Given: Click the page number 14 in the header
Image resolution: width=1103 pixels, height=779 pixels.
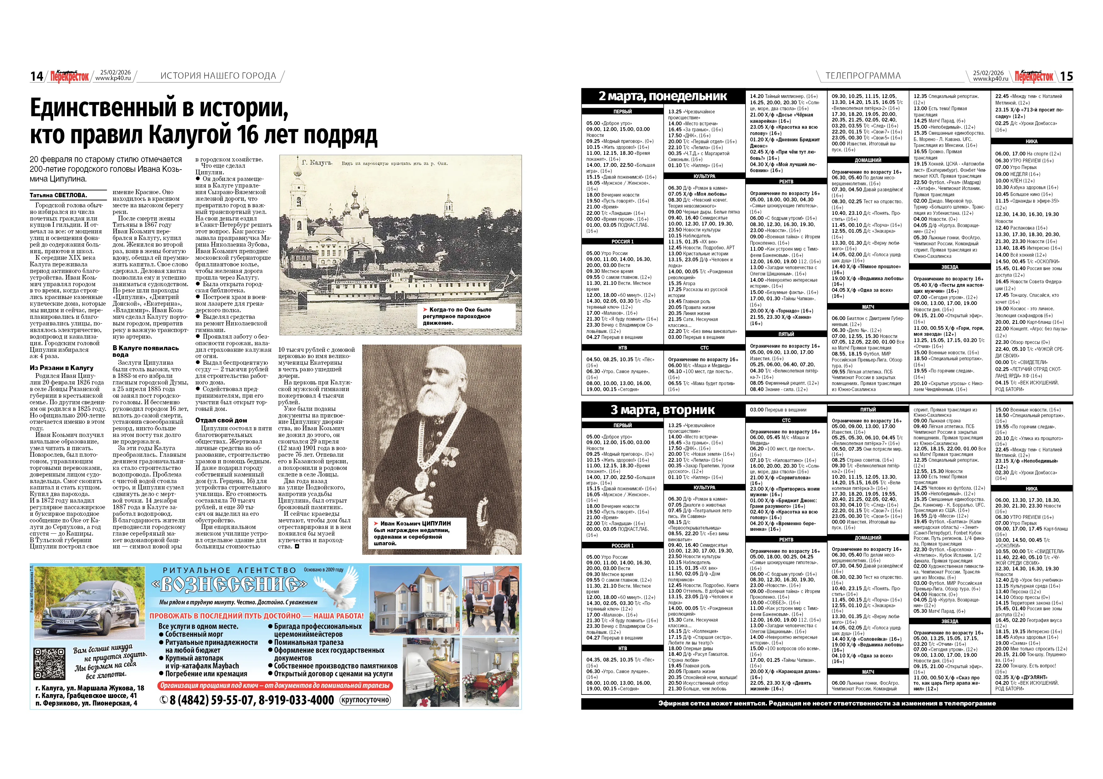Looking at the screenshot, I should [x=36, y=76].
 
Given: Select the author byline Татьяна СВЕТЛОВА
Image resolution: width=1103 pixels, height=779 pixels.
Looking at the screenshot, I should [x=58, y=195].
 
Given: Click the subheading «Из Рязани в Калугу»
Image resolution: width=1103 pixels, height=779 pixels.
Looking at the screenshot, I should [x=62, y=368].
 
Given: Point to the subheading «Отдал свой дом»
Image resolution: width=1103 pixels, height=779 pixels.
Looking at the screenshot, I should [x=221, y=420].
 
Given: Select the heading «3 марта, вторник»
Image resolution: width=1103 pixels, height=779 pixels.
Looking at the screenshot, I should [x=662, y=410].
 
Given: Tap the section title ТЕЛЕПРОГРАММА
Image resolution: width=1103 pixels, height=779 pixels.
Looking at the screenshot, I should [x=863, y=76].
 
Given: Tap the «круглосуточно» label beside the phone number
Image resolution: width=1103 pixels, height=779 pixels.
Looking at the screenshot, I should [x=365, y=700].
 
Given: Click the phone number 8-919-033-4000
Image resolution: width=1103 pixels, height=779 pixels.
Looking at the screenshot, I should [x=296, y=700].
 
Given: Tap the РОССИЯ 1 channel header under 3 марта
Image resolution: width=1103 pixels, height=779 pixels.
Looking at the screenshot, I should [x=622, y=545].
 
